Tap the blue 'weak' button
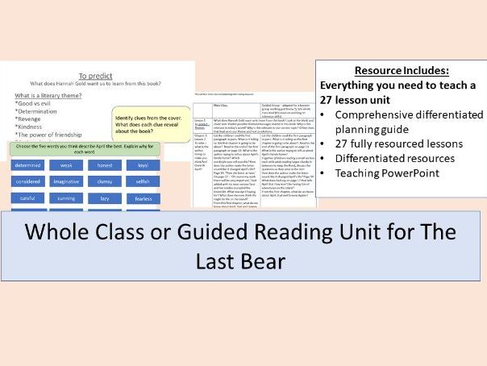pyautogui.click(x=66, y=165)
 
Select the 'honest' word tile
pyautogui.click(x=104, y=165)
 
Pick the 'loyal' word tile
pyautogui.click(x=143, y=165)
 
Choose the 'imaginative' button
pyautogui.click(x=66, y=181)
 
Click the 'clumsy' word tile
pyautogui.click(x=104, y=181)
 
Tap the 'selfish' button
pyautogui.click(x=143, y=181)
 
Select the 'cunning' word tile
pyautogui.click(x=66, y=198)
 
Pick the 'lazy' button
pyautogui.click(x=104, y=198)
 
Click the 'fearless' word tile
pyautogui.click(x=143, y=198)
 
